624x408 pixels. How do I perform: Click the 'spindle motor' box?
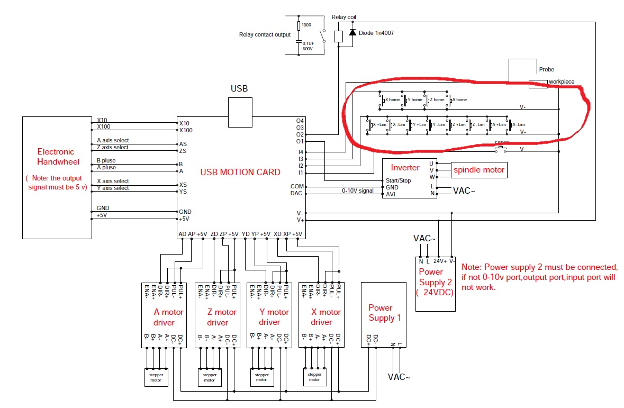478,170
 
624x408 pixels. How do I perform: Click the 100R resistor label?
306,25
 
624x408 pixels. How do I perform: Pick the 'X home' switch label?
392,99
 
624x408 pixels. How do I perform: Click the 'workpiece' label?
561,82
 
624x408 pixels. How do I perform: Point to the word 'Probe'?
546,69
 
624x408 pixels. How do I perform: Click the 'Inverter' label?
405,168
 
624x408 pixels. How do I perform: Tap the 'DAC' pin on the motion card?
297,194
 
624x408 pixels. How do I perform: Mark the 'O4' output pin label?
300,121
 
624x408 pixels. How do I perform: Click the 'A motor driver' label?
168,317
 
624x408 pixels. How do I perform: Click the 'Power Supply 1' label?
385,313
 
